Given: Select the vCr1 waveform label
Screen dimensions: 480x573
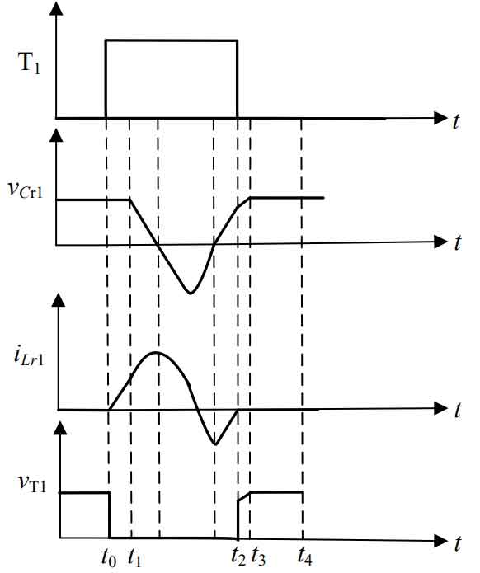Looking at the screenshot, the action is click(26, 190).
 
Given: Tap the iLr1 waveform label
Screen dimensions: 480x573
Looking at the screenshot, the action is click(29, 356).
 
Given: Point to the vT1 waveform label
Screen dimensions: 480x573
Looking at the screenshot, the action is click(32, 482).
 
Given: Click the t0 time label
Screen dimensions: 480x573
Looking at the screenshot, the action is click(109, 557).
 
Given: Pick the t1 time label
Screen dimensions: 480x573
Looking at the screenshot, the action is click(134, 557).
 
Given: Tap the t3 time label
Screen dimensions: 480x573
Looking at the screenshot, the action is click(258, 557).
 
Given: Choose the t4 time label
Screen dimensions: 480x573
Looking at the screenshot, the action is click(305, 557).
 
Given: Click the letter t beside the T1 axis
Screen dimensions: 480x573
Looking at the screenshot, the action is click(455, 121).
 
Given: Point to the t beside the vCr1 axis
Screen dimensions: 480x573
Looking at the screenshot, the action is click(457, 242).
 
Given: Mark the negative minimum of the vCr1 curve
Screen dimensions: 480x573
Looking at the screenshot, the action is click(191, 293).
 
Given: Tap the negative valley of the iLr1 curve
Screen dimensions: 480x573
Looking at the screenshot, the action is click(215, 444).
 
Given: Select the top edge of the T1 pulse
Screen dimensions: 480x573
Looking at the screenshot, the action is click(172, 40).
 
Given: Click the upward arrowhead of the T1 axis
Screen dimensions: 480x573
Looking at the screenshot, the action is click(55, 8).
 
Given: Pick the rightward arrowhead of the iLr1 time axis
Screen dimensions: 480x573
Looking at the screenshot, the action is click(440, 409).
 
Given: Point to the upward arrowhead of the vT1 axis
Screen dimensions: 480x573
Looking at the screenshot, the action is click(60, 428).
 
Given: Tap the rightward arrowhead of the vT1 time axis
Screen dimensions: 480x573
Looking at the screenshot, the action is click(440, 541).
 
